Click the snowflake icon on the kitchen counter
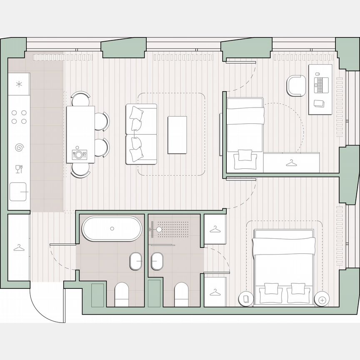[x=18, y=84]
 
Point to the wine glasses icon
[x=19, y=169]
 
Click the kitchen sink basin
[x=18, y=192]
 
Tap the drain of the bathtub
[x=112, y=228]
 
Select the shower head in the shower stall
[x=159, y=229]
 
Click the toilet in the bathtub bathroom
[x=122, y=294]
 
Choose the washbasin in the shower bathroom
[x=157, y=262]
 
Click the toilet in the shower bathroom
[x=181, y=294]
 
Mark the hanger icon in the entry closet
[x=19, y=248]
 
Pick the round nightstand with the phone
[x=246, y=299]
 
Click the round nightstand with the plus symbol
[x=321, y=299]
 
